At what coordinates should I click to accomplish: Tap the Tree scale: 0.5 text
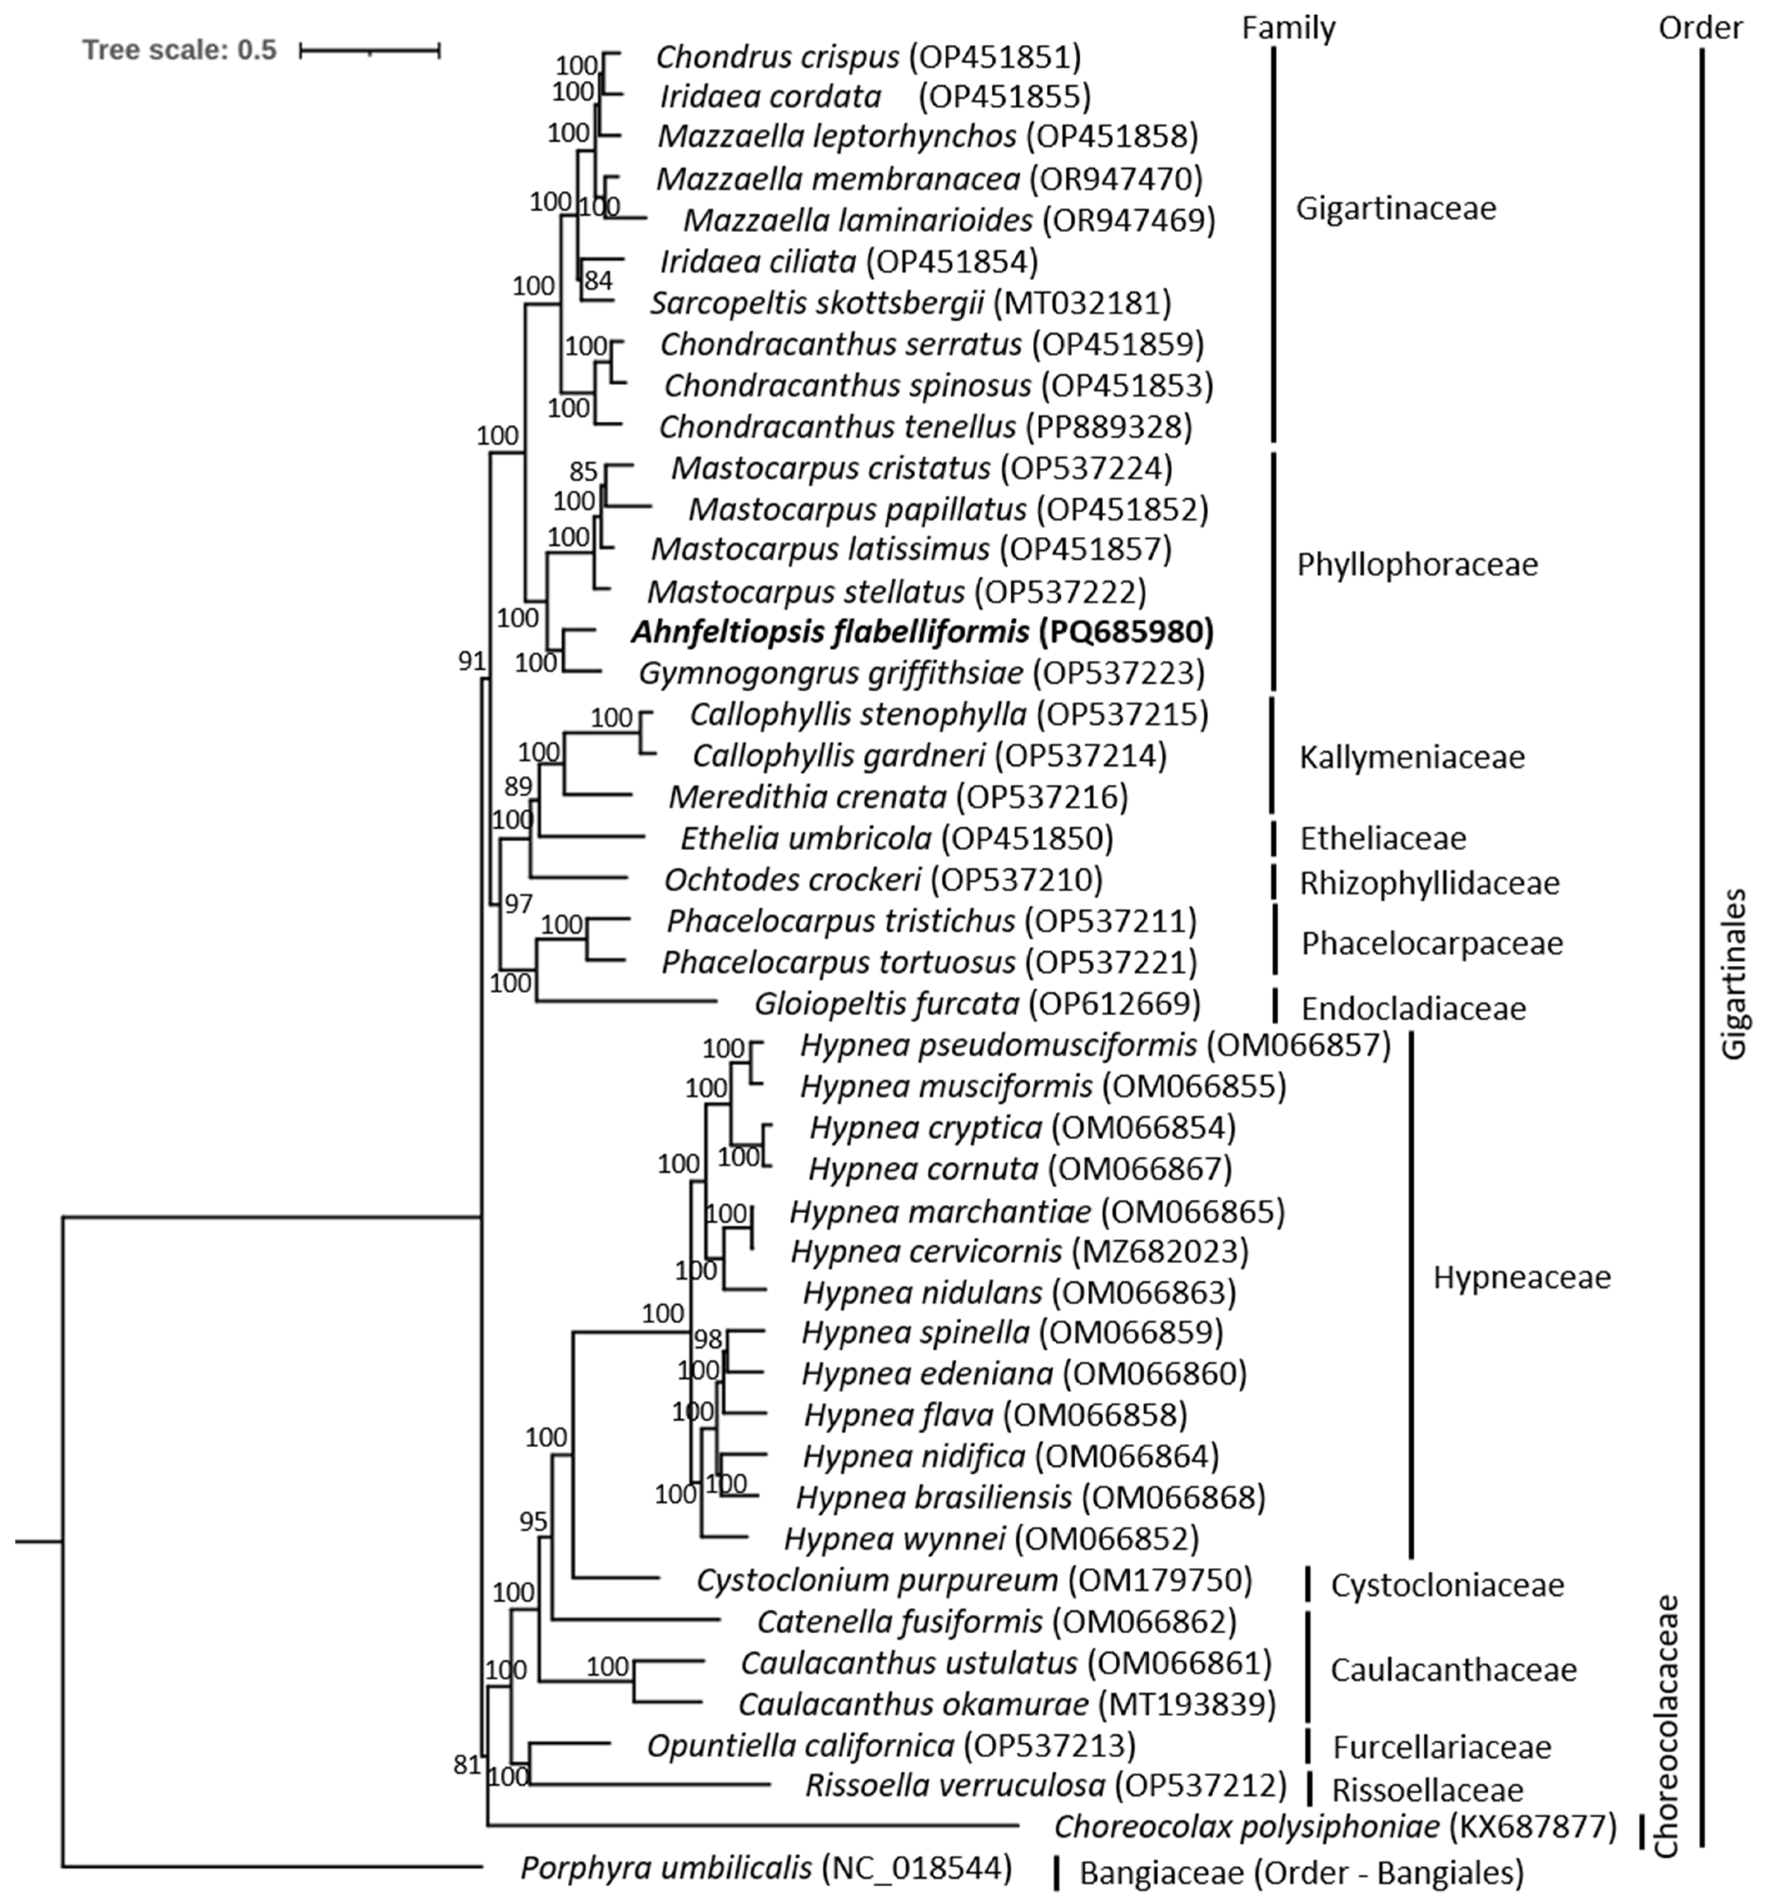(x=179, y=50)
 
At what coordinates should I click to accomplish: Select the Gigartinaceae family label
(x=1395, y=207)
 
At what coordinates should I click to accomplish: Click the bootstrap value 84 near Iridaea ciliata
(x=598, y=280)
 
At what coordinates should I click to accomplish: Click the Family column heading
(x=1288, y=28)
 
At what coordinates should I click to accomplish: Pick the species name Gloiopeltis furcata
(x=886, y=1004)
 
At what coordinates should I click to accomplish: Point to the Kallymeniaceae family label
(x=1411, y=758)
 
